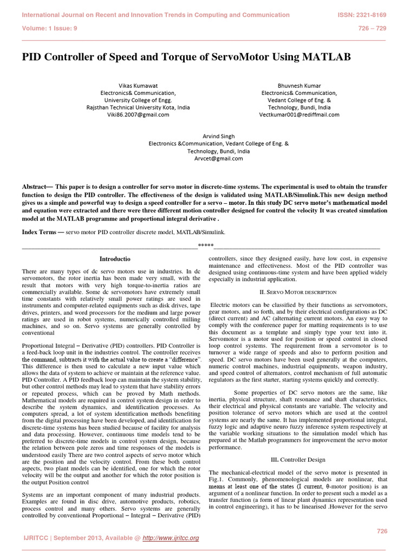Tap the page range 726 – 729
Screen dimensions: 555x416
(x=373, y=29)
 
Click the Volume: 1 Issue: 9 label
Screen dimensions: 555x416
(x=49, y=29)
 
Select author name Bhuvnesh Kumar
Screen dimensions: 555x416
(x=299, y=86)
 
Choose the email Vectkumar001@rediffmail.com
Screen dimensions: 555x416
(x=299, y=115)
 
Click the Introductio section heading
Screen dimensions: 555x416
(x=116, y=259)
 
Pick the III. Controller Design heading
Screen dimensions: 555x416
(x=298, y=460)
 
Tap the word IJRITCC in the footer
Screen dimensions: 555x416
(x=38, y=538)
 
